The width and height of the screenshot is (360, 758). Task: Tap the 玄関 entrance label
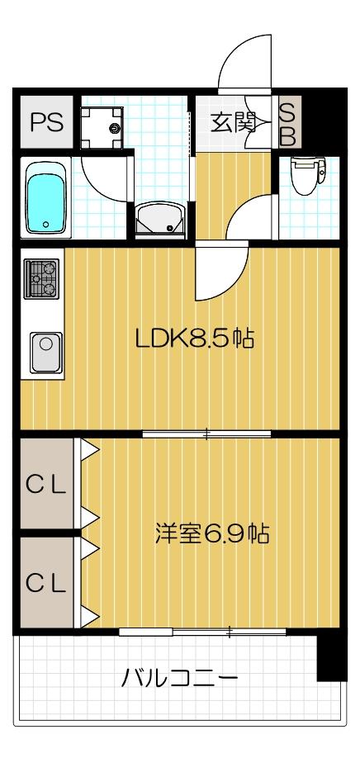pos(234,123)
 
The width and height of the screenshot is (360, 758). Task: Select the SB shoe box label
pos(287,124)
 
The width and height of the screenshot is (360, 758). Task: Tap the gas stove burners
pos(40,278)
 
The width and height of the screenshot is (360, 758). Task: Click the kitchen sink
pos(45,351)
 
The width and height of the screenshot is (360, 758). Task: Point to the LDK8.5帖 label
pos(195,339)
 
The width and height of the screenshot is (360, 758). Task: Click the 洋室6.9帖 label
pos(213,533)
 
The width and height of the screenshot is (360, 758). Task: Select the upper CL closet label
pos(45,486)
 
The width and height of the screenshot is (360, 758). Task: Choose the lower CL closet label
pos(45,583)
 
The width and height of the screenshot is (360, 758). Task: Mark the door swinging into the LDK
pos(216,277)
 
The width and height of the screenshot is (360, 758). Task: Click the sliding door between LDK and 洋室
pos(207,433)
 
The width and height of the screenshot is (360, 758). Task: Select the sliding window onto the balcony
pos(202,632)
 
